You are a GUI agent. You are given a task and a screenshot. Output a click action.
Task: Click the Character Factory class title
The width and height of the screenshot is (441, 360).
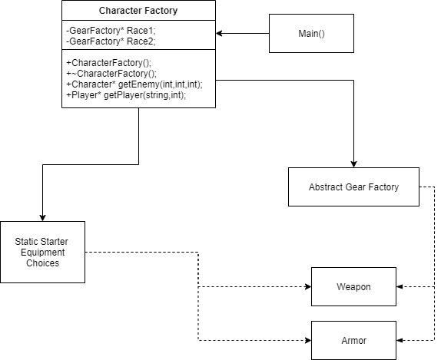138,11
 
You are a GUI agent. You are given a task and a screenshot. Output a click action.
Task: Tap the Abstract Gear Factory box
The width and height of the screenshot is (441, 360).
353,187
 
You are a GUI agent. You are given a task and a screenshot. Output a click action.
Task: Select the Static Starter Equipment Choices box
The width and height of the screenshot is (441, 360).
42,253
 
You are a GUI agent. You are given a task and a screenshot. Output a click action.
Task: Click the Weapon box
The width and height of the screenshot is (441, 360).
353,286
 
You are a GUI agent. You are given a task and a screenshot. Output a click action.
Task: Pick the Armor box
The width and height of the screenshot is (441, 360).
353,339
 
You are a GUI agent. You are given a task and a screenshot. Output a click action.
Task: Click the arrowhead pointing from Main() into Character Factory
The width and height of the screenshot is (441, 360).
220,34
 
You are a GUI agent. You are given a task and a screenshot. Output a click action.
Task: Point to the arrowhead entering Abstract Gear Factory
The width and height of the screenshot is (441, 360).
353,163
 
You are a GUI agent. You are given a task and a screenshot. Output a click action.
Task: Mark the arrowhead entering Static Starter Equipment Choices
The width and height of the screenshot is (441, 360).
42,217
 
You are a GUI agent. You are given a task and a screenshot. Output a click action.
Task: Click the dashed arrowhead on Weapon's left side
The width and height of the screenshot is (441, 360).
307,286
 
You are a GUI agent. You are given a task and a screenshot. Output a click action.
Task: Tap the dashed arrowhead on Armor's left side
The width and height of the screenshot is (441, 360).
307,339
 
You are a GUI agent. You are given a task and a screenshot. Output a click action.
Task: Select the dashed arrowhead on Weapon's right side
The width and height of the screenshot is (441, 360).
401,286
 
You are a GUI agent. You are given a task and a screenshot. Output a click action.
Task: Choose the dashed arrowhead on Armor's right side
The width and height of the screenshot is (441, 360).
401,339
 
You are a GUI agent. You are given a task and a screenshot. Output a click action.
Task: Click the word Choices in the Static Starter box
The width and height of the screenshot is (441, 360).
42,263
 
